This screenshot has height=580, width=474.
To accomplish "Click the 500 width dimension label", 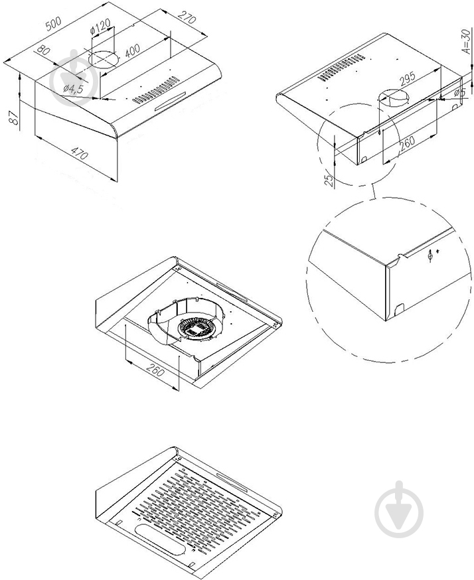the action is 53,24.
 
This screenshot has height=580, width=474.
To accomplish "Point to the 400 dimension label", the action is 132,50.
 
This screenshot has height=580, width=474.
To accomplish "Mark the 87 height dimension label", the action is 14,117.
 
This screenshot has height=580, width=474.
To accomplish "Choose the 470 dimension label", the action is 79,153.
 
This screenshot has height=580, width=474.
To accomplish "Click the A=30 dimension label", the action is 467,40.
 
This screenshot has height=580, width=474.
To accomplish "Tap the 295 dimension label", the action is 408,79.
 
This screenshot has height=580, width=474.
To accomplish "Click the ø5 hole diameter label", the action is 460,92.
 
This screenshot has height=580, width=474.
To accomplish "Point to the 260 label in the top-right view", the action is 406,143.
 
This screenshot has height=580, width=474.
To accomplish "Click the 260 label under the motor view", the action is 155,370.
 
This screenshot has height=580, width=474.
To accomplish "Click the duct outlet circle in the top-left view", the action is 104,60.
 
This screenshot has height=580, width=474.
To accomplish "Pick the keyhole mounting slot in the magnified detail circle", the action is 430,256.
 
